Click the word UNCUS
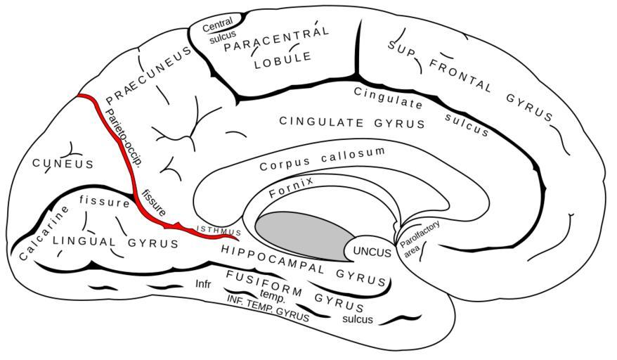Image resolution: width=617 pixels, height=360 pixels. point(372,252)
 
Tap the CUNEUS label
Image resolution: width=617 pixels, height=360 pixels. point(63,163)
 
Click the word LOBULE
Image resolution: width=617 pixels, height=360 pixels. point(283,60)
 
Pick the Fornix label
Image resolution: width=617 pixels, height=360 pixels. point(291,187)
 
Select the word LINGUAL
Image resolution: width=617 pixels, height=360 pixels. point(84,241)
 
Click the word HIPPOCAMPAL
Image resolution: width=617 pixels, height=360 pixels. point(272,259)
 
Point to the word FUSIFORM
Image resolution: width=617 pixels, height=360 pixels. point(264,283)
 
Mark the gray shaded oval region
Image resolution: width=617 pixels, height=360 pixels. point(306,236)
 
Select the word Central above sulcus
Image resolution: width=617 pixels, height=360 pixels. point(217,25)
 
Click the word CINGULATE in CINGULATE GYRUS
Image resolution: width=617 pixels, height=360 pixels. point(321,122)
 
